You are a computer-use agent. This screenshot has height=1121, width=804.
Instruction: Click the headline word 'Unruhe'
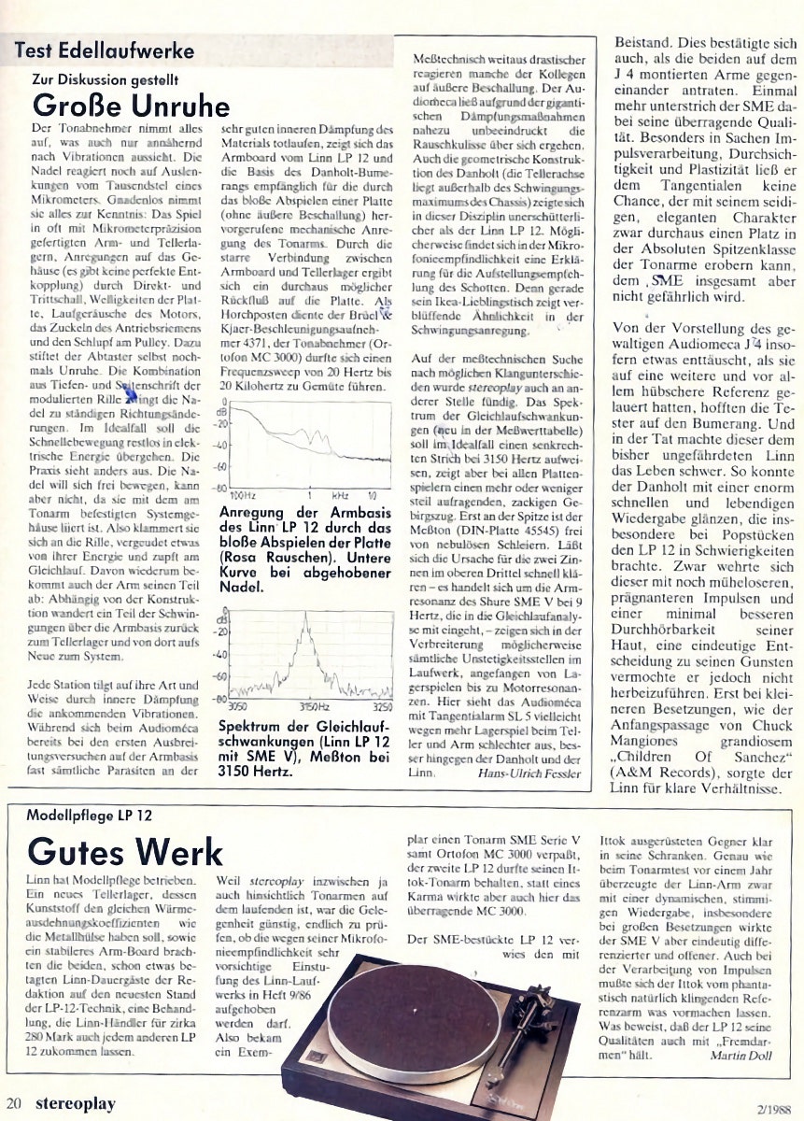tap(177, 103)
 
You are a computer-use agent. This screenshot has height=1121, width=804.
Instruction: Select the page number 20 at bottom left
tap(13, 1103)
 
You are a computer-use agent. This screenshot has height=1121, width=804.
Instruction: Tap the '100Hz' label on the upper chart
tap(242, 494)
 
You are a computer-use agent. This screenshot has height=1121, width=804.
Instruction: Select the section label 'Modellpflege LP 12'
tap(89, 816)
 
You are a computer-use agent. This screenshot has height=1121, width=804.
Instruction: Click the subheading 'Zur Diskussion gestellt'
tap(105, 79)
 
